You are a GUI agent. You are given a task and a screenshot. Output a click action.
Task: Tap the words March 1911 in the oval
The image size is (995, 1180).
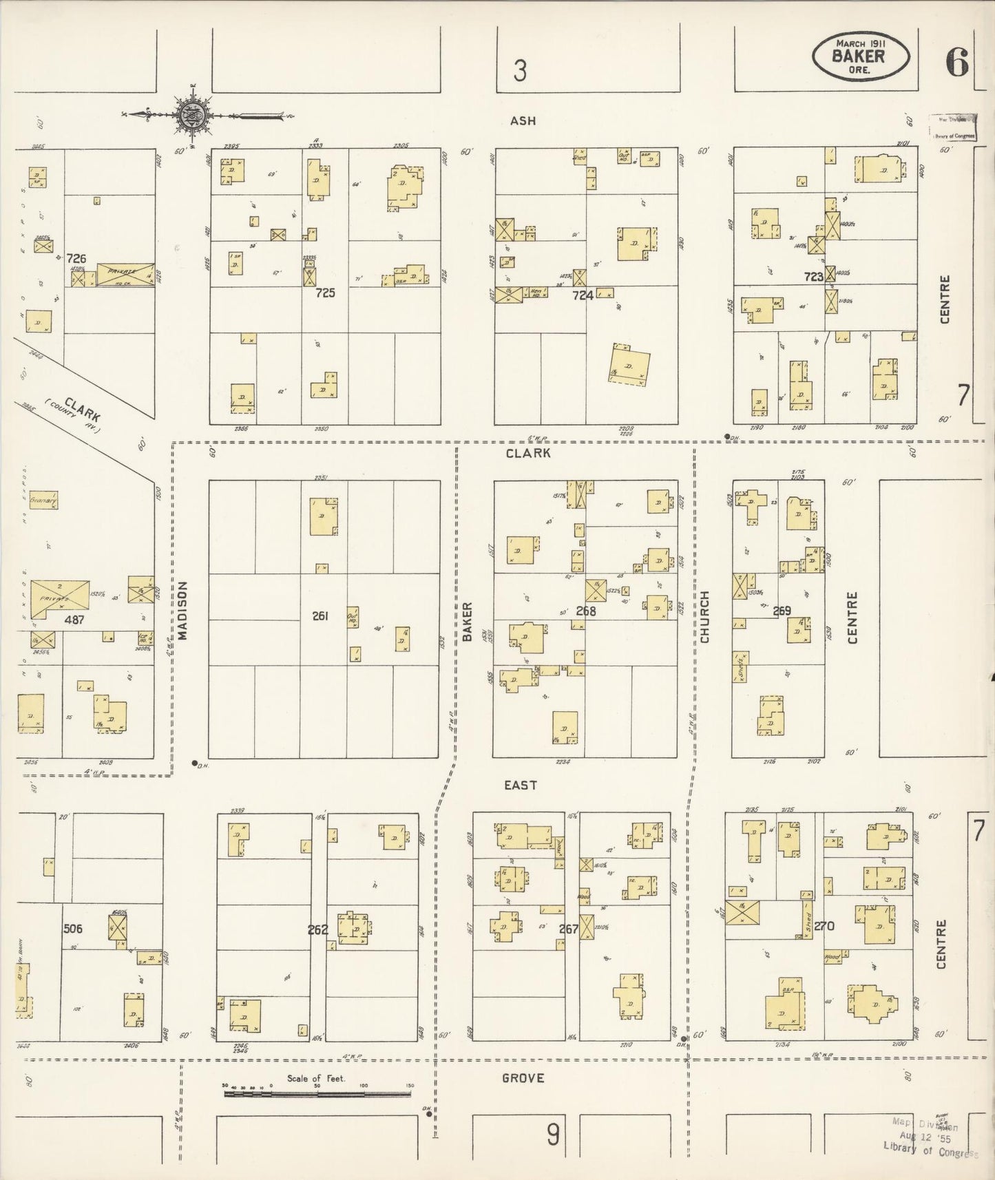pos(860,43)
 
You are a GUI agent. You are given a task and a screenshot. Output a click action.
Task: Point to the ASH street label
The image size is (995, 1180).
pos(523,121)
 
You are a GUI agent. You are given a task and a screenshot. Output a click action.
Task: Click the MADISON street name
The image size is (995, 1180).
pos(182,611)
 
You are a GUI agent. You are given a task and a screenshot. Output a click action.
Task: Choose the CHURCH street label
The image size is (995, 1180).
pos(704,617)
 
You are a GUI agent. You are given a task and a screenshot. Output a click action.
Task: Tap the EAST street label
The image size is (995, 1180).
pos(520,785)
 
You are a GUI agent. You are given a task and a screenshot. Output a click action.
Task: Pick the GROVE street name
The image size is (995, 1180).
pos(523,1077)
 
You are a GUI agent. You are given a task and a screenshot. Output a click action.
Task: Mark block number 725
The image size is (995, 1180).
pos(325,293)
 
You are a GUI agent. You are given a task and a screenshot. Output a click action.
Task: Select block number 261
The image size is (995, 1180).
pos(320,616)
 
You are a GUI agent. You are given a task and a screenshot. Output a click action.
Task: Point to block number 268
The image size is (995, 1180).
pos(586,611)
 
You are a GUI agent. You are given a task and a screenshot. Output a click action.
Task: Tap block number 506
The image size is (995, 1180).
pos(73,929)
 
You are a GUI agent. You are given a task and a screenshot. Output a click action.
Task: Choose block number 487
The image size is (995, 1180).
pos(74,620)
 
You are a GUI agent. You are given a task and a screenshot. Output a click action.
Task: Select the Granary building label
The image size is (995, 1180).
pos(43,501)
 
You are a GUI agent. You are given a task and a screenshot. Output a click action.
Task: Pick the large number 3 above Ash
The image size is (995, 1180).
pos(520,70)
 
